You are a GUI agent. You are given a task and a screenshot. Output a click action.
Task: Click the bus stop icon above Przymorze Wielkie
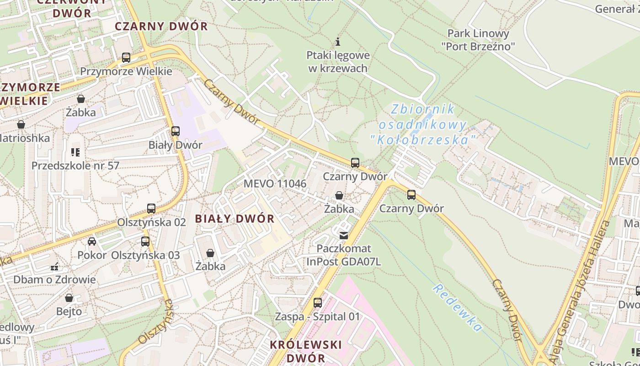[x=126, y=58]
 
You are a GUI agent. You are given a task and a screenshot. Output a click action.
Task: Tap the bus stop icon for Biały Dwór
[x=175, y=131]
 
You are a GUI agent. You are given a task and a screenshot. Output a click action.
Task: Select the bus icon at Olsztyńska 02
[x=151, y=209]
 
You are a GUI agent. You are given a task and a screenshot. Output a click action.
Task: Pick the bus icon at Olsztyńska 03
[x=145, y=242]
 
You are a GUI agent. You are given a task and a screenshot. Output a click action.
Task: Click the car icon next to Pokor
[x=92, y=242]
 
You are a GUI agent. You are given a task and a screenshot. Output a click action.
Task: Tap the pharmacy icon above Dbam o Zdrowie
[x=54, y=266]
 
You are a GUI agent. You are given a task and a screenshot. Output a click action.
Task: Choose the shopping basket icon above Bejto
[x=69, y=298]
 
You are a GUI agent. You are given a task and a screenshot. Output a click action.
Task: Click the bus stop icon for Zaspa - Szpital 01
[x=317, y=303]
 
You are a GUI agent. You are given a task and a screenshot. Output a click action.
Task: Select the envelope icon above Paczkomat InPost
[x=344, y=236]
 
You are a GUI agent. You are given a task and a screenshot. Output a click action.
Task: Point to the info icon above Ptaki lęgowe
[x=338, y=42]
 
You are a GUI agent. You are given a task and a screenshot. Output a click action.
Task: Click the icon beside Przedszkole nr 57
[x=75, y=152]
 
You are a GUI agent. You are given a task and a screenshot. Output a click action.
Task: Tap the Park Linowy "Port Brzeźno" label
[x=478, y=40]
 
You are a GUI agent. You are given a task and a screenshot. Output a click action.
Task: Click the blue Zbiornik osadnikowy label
[x=423, y=124]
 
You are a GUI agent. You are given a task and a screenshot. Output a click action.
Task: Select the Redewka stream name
[x=458, y=307]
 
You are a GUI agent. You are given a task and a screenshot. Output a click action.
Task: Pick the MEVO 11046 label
[x=275, y=184]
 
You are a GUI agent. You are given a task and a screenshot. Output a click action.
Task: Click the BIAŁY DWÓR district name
[x=235, y=219]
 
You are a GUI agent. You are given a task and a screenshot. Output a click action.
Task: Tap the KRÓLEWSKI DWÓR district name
[x=305, y=351]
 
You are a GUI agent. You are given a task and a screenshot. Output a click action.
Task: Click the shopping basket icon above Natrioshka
[x=21, y=124]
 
